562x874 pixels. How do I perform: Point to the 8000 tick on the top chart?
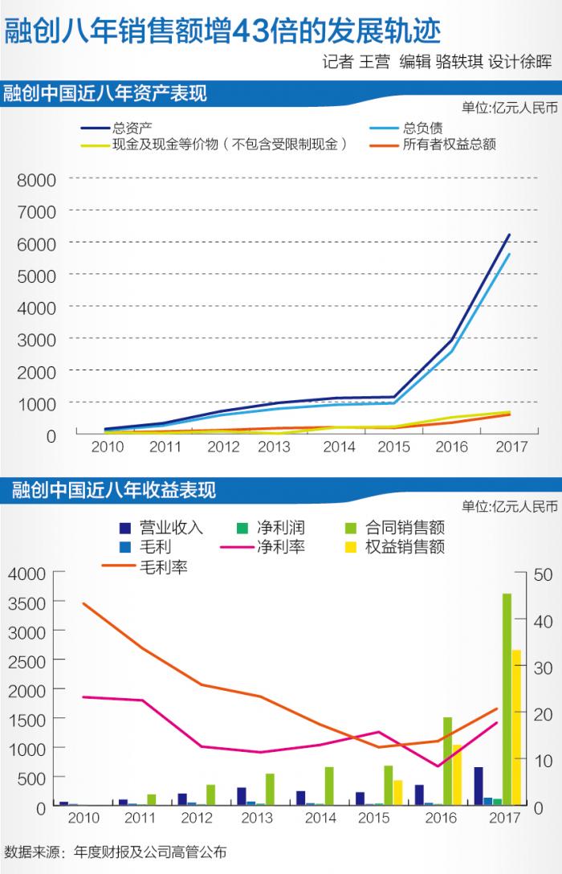click(x=37, y=180)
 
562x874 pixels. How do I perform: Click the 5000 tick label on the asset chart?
click(x=37, y=276)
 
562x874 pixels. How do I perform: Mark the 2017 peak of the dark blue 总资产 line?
click(x=508, y=235)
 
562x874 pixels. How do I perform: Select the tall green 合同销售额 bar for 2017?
click(x=507, y=699)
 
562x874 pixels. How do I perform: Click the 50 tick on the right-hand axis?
click(x=543, y=574)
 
